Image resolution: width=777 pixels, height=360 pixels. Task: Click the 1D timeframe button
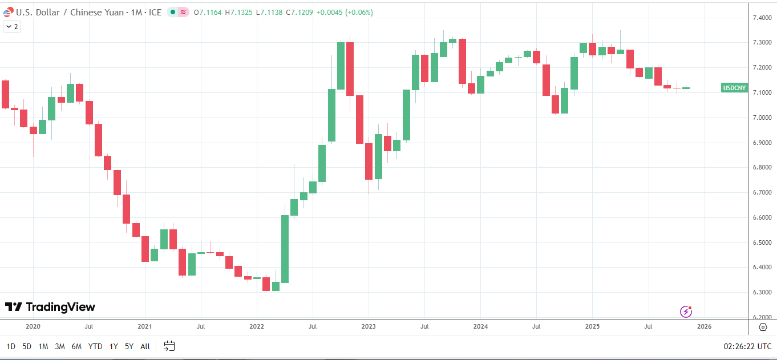[11, 346]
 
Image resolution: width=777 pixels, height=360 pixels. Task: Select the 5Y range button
[129, 346]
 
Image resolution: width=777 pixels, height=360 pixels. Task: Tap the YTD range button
[95, 346]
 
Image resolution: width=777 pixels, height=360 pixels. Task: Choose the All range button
[145, 346]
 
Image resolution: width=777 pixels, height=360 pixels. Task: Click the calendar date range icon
[169, 346]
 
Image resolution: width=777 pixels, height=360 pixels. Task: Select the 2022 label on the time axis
[257, 326]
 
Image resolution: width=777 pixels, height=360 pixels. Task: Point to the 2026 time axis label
[704, 326]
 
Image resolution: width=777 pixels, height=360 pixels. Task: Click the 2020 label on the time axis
[33, 326]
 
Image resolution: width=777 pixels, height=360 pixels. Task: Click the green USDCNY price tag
[734, 88]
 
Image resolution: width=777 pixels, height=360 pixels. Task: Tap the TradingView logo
[50, 307]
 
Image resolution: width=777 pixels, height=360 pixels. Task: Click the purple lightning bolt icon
[686, 312]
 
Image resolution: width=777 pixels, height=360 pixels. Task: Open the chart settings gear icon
[763, 327]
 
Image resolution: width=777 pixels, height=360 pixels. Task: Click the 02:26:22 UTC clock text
[747, 346]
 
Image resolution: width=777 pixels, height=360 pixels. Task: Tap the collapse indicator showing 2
[12, 26]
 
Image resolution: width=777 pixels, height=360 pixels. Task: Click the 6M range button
[76, 346]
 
